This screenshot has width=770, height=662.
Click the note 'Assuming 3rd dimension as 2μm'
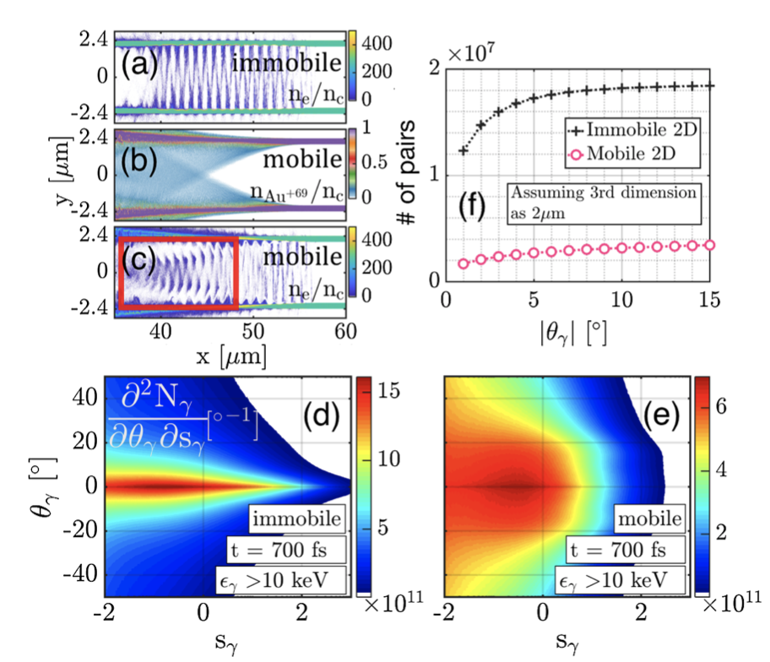602,202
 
